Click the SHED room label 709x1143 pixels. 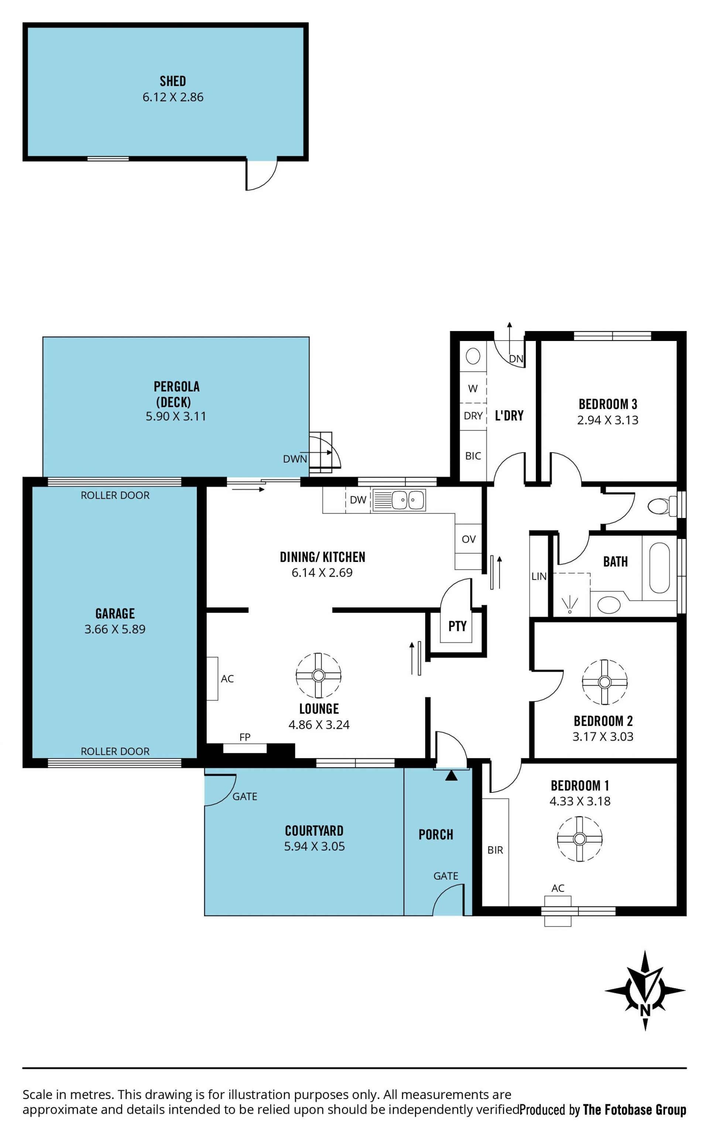172,81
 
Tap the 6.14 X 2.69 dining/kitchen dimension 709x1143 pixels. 322,573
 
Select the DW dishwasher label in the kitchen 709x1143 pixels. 358,500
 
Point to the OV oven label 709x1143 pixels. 469,539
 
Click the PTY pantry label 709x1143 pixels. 457,626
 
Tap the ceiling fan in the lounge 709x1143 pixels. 318,675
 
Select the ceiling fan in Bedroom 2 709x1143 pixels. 604,682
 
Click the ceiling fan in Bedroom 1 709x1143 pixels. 580,839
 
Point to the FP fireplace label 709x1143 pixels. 245,737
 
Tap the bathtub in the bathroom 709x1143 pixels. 659,568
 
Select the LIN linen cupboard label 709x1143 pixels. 539,576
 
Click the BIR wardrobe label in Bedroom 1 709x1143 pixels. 495,850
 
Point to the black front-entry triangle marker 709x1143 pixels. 451,775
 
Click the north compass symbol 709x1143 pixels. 645,990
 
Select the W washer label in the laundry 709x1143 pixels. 473,388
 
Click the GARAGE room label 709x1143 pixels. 115,614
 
